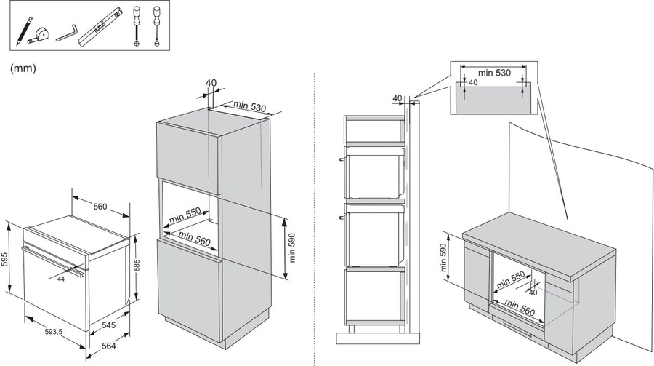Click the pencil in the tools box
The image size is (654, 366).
click(x=25, y=31)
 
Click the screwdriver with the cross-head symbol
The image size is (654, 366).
click(x=137, y=25)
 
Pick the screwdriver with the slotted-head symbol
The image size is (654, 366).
click(x=157, y=25)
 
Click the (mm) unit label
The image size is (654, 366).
click(x=23, y=68)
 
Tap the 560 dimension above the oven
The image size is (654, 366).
click(x=100, y=207)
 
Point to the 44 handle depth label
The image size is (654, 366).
click(x=61, y=279)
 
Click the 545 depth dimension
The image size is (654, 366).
click(x=108, y=325)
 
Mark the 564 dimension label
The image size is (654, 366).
click(x=108, y=346)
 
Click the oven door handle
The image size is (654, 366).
click(x=52, y=260)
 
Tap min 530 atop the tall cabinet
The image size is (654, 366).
click(x=249, y=106)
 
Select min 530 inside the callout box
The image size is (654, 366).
click(x=494, y=73)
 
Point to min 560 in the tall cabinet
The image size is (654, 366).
click(x=194, y=239)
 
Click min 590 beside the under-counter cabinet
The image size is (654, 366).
click(x=443, y=258)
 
